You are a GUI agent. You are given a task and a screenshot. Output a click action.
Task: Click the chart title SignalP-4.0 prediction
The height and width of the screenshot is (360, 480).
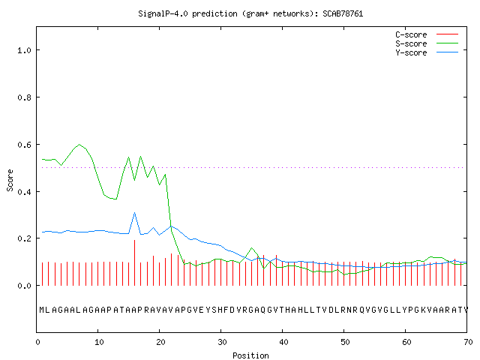pos(187,13)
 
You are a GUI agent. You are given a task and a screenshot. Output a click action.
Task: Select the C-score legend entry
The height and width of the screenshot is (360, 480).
pos(427,34)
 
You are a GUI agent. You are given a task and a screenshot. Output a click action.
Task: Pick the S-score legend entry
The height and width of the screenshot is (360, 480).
pos(427,43)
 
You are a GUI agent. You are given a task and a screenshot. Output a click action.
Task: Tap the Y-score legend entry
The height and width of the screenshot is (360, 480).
pos(427,52)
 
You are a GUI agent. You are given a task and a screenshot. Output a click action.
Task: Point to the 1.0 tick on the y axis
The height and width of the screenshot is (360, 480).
pos(24,50)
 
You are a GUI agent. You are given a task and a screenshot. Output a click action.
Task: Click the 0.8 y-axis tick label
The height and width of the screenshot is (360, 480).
pos(24,97)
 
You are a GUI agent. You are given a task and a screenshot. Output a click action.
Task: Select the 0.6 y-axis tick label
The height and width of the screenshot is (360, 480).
pos(24,145)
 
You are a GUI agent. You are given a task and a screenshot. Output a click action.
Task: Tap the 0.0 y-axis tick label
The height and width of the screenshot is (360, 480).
pos(24,286)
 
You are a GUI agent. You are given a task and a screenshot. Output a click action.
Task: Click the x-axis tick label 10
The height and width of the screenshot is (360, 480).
pos(99,342)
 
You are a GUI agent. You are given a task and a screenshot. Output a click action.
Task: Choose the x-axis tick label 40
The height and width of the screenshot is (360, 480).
pos(283,342)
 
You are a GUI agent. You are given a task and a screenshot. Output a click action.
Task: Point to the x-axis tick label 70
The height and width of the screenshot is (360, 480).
pos(468,342)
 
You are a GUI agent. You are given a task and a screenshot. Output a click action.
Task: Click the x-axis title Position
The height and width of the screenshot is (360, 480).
pos(250,355)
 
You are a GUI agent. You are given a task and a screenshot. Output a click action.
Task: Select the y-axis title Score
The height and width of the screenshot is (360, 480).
pos(10,180)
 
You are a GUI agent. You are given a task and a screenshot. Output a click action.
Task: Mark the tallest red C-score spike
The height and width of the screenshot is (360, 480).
pos(135,262)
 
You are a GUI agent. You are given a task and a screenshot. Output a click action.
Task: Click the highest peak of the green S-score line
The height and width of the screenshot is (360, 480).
pos(79,145)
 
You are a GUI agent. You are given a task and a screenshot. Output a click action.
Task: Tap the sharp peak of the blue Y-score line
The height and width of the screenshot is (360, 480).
pos(135,213)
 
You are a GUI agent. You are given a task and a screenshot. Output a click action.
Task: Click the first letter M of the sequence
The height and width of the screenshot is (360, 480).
pos(42,310)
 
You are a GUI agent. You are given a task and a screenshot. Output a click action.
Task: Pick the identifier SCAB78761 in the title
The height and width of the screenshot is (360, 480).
pos(343,13)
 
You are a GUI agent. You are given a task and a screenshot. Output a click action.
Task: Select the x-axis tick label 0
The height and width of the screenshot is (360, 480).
pos(37,342)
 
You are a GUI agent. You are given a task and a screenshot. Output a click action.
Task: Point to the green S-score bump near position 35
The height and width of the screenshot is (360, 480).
pos(252,248)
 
